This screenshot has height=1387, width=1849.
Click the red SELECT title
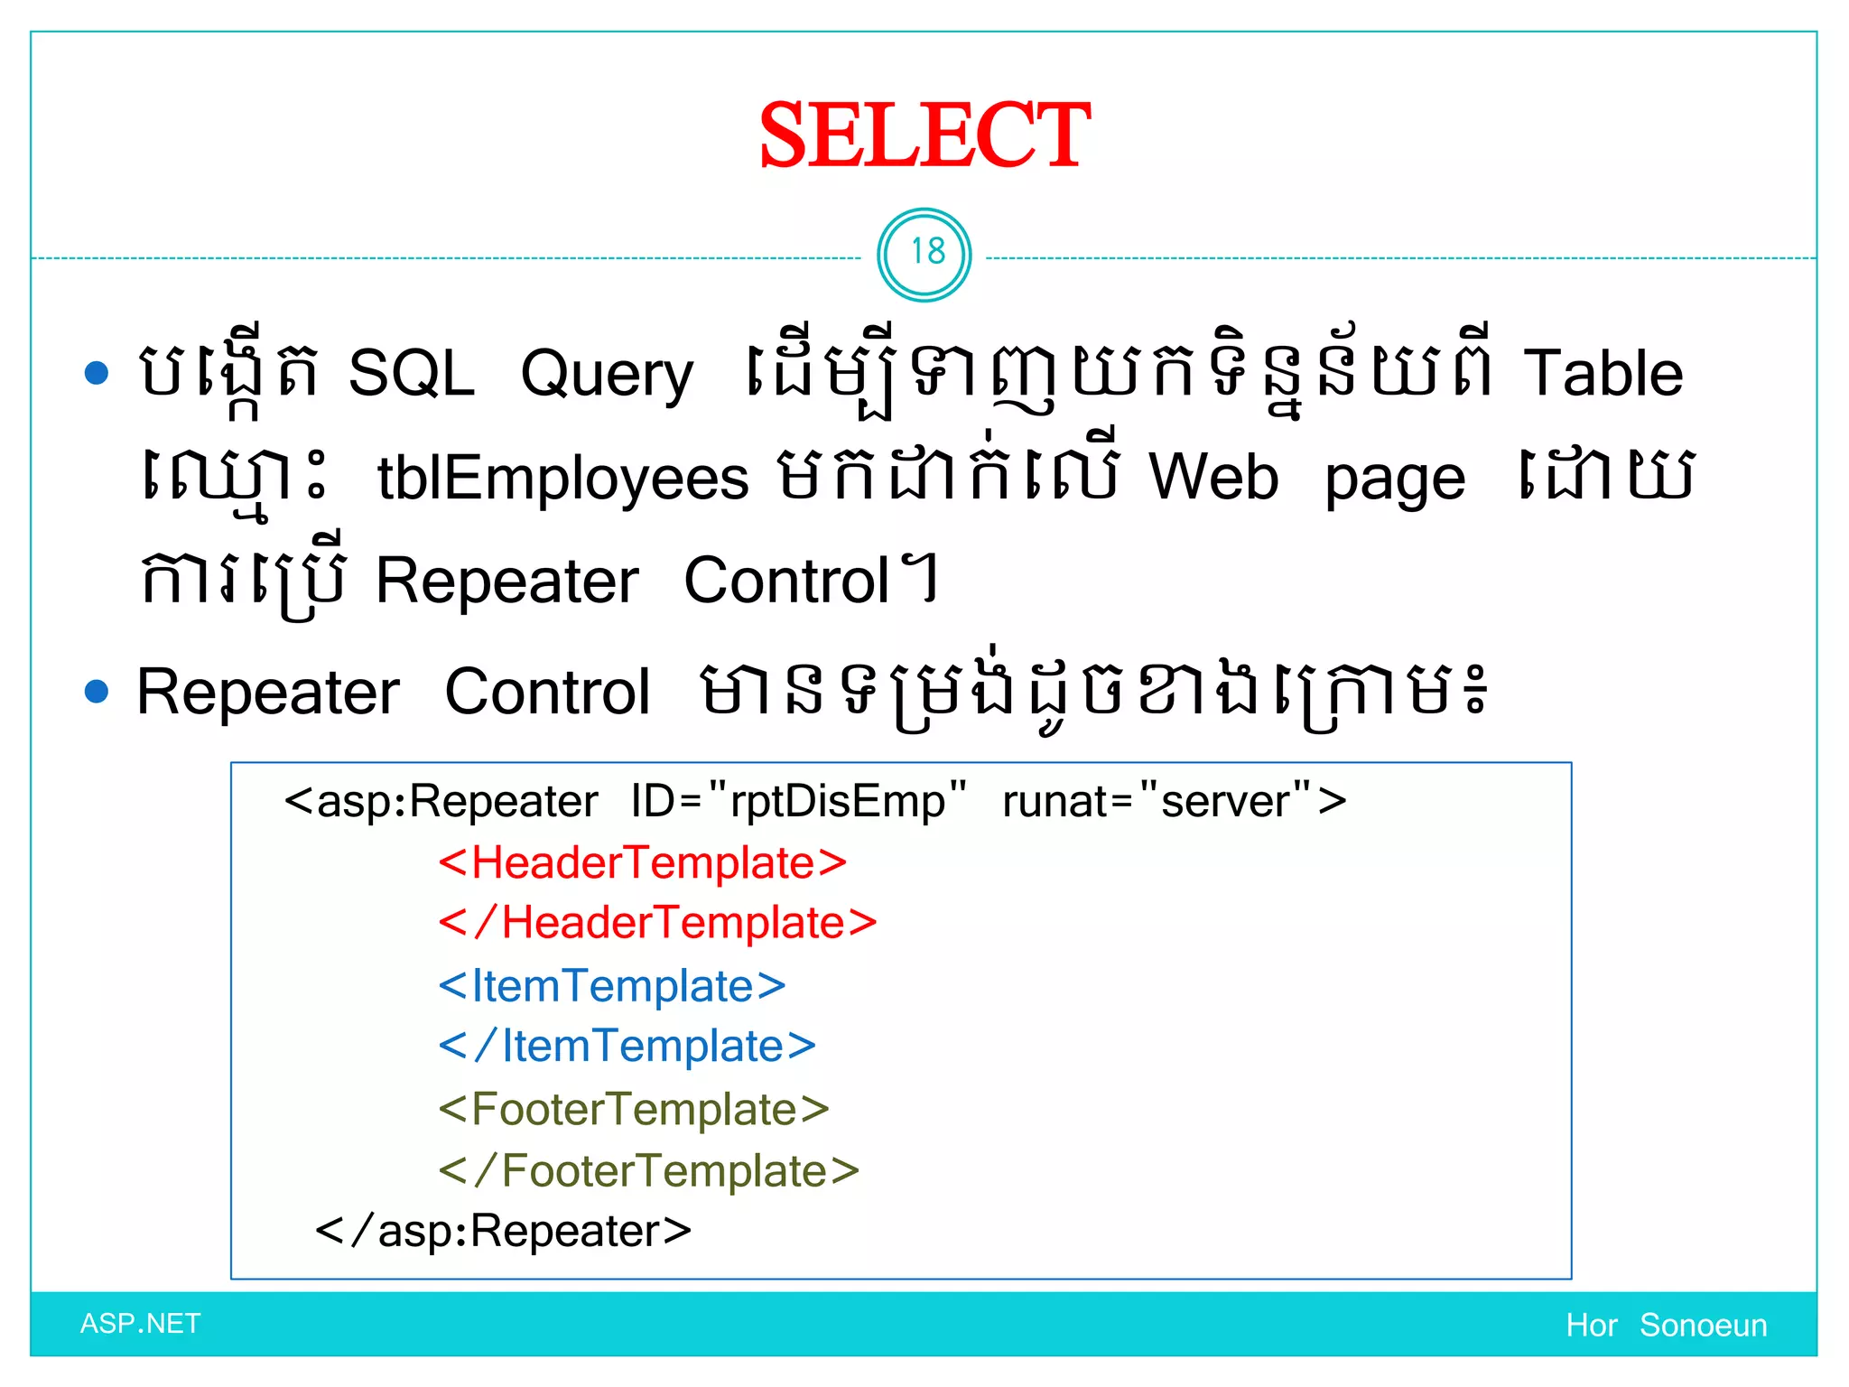924,135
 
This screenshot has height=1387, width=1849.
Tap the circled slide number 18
924,254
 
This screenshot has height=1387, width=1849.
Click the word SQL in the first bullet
411,373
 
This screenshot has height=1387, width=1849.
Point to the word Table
1603,373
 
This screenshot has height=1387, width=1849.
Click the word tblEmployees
562,477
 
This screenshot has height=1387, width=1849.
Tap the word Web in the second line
1213,476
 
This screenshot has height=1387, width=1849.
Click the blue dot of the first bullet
97,373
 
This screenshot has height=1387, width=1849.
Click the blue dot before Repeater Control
97,692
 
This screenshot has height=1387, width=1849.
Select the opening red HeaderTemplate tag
642,862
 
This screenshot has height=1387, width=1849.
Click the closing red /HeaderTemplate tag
657,923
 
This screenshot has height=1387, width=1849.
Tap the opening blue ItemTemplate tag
611,985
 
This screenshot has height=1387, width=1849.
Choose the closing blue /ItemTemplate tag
627,1046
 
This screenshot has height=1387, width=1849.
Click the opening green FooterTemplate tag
633,1109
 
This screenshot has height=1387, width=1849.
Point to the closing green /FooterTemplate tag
648,1170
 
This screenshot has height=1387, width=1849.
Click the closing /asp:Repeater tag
503,1231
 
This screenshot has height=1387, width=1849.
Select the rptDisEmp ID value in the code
837,801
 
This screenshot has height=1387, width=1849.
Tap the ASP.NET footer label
140,1324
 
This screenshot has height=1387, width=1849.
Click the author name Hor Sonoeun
1666,1325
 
